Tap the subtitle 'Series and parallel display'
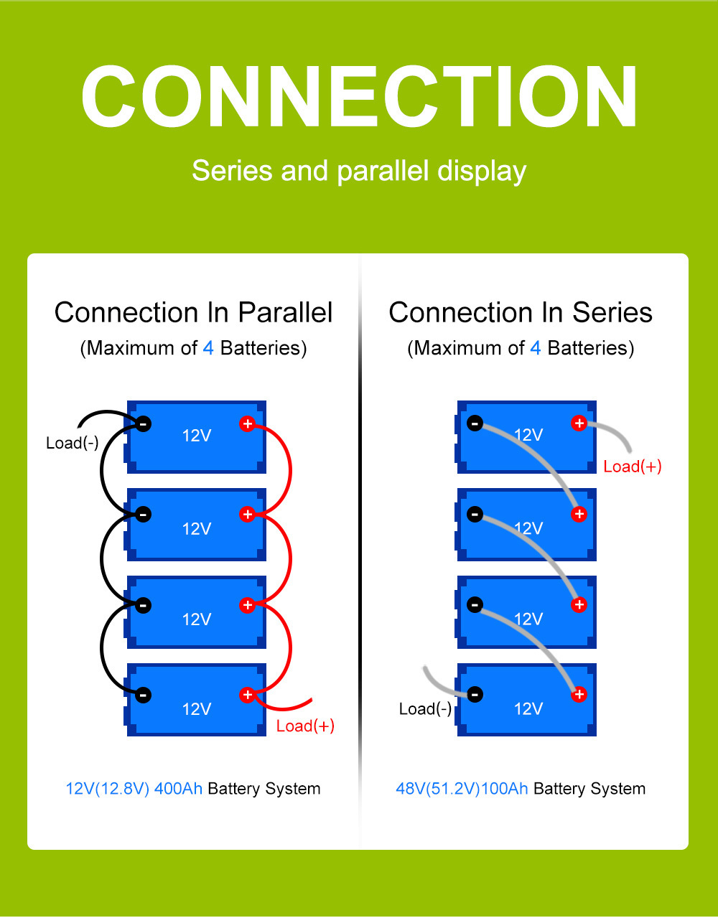click(x=359, y=171)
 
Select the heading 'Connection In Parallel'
click(x=193, y=312)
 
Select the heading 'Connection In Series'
click(x=521, y=312)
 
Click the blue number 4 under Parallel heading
click(x=208, y=348)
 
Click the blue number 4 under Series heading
click(x=536, y=348)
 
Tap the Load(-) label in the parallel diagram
click(x=73, y=443)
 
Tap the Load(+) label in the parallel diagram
click(x=305, y=726)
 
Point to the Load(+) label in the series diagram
click(x=633, y=467)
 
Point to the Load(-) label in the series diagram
click(x=425, y=709)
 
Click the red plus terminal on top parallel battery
click(x=248, y=423)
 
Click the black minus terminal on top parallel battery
click(x=144, y=423)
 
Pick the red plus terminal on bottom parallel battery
click(x=248, y=694)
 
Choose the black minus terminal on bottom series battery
click(x=475, y=694)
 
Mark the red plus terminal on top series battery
click(x=579, y=423)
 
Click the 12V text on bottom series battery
click(x=528, y=709)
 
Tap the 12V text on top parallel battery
click(x=196, y=436)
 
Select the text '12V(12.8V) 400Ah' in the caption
click(x=134, y=789)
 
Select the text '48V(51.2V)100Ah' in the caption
click(x=462, y=789)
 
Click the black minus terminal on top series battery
click(x=475, y=423)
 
